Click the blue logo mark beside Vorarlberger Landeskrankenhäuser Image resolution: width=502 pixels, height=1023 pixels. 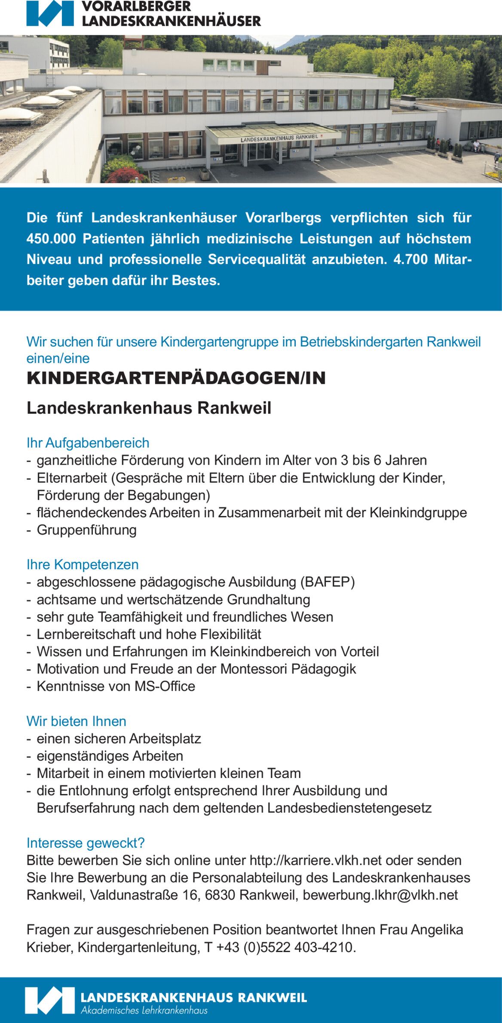point(50,14)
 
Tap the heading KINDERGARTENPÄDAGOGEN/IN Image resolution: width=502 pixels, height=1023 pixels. point(176,378)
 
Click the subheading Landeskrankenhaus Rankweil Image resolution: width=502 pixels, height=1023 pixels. point(149,408)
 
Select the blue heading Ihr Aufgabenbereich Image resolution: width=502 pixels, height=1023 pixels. point(88,443)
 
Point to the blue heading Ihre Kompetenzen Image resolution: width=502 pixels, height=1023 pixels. point(83,564)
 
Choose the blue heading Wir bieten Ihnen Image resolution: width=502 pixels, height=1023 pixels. point(77,721)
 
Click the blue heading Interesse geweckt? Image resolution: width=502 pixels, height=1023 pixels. point(86,843)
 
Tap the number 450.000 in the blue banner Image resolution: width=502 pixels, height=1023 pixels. point(51,239)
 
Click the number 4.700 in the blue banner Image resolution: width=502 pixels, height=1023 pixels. point(410,260)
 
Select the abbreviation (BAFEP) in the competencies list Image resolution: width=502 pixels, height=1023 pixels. point(328,582)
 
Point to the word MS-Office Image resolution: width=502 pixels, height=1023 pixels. point(165,686)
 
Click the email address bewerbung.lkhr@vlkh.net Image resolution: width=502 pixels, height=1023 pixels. point(380,895)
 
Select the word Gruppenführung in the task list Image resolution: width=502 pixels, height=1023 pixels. point(87,530)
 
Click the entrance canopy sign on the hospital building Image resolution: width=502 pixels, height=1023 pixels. point(279,138)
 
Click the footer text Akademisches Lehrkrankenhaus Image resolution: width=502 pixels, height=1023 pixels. point(144,1010)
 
